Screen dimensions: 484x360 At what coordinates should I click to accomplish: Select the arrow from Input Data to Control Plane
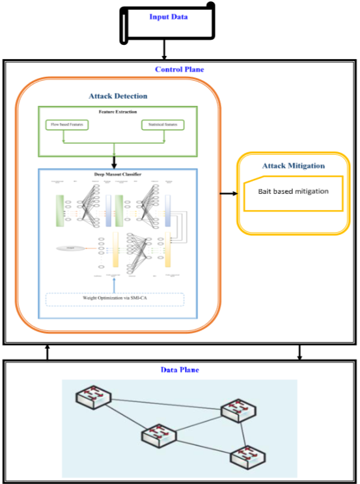165,49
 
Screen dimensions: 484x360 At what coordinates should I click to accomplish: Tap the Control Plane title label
179,69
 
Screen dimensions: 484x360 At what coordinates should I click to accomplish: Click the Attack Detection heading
118,96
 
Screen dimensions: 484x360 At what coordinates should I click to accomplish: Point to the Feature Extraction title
118,112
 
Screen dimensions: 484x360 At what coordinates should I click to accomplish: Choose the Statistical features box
163,124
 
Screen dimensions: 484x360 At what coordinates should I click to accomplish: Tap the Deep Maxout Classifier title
118,175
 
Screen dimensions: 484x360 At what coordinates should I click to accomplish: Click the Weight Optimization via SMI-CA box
115,299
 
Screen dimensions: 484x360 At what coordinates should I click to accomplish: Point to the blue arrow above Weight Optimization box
115,284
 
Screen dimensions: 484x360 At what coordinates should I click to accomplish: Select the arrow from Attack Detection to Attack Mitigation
228,193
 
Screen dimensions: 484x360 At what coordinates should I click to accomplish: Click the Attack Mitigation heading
293,166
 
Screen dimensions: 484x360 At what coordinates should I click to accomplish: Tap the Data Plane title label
179,370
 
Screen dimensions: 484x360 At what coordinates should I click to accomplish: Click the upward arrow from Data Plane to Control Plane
47,352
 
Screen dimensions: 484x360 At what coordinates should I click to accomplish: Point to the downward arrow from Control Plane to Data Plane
299,352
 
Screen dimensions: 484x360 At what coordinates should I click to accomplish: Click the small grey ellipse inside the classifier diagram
69,248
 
